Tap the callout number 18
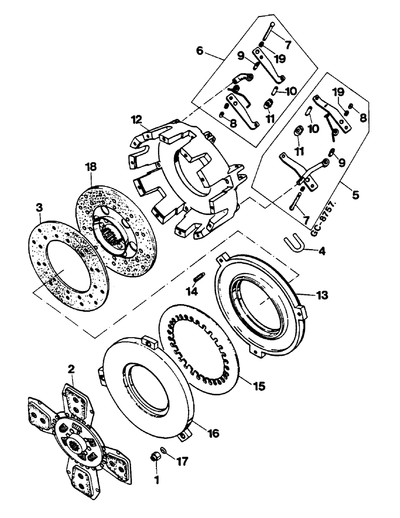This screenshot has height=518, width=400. (x=91, y=167)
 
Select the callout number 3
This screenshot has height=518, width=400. (x=39, y=208)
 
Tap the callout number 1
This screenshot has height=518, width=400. (x=156, y=480)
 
